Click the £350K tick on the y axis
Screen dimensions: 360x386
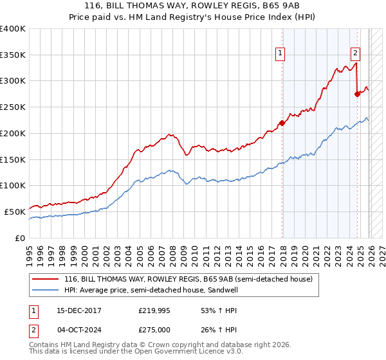point(13,55)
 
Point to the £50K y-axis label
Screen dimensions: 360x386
point(15,212)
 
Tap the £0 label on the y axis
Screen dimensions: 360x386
point(21,238)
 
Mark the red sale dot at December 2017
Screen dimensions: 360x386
point(282,123)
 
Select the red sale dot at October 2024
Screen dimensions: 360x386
point(357,94)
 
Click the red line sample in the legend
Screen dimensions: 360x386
point(46,279)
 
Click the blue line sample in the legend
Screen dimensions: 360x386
point(46,290)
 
